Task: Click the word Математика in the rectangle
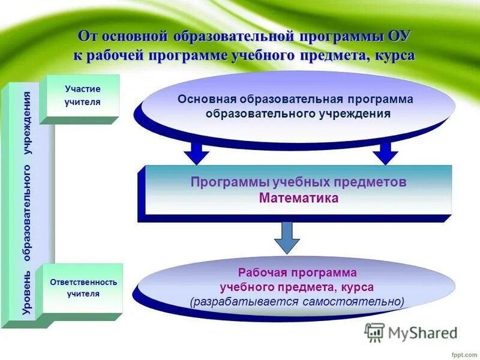click(299, 198)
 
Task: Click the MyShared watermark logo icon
click(375, 332)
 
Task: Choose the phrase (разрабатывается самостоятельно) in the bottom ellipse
click(297, 301)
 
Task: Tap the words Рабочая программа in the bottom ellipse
click(297, 273)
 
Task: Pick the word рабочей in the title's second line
click(110, 55)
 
